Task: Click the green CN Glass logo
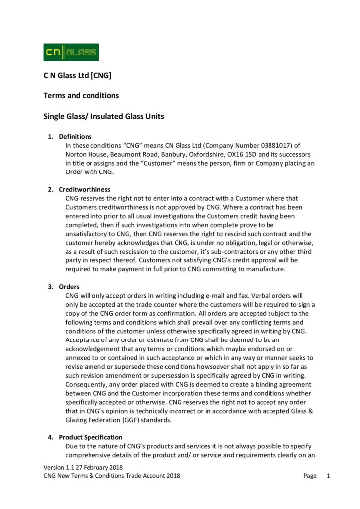coord(71,52)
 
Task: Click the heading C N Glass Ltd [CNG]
coord(77,76)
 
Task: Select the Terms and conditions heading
coord(81,95)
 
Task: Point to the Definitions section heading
coord(75,137)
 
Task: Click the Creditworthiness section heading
coord(85,189)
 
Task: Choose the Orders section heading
coord(69,287)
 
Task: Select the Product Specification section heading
coord(90,437)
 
